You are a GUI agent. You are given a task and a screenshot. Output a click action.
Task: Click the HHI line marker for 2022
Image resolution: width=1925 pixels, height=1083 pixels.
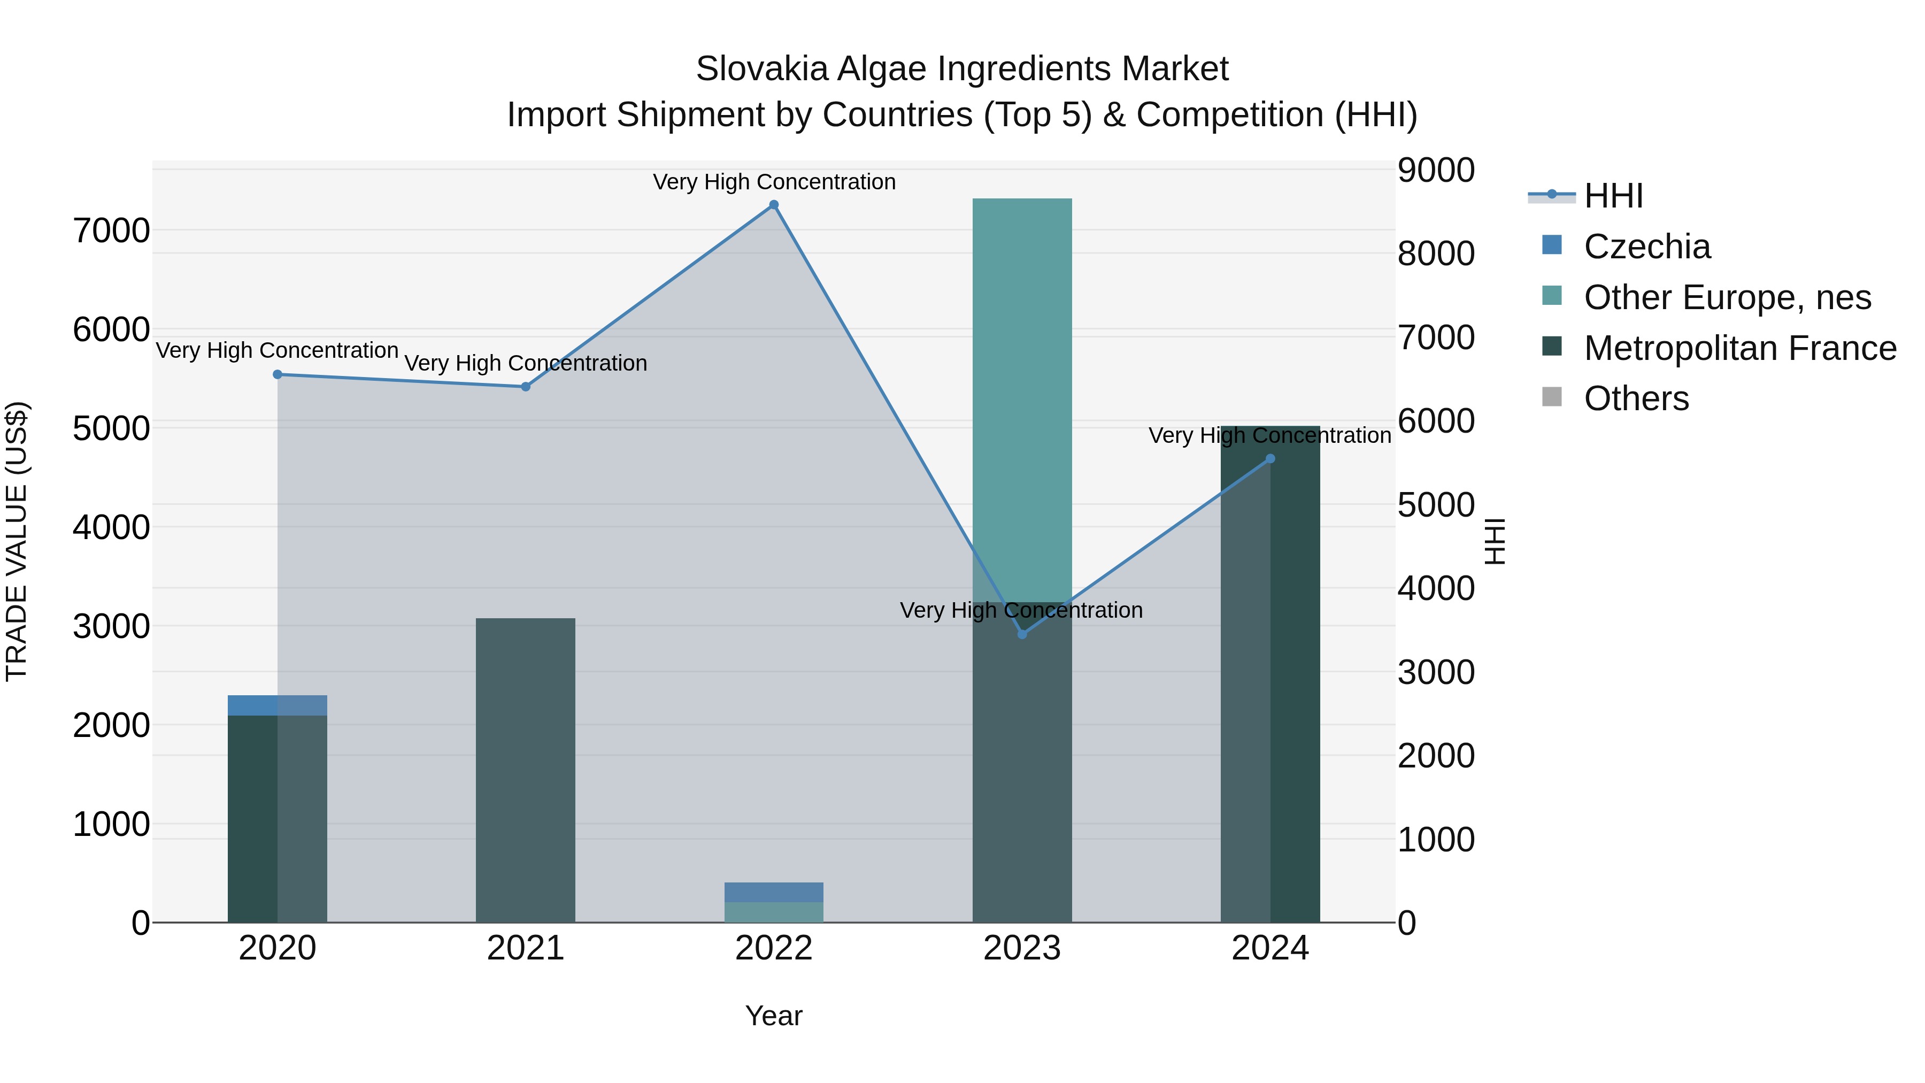click(x=773, y=205)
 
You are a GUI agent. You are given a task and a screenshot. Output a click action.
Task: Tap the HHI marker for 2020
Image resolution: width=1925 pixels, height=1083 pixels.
click(x=277, y=374)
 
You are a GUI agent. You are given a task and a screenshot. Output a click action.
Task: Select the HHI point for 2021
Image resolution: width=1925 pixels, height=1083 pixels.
click(x=525, y=387)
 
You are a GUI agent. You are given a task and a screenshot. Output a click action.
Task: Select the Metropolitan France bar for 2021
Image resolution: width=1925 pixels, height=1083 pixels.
click(x=525, y=770)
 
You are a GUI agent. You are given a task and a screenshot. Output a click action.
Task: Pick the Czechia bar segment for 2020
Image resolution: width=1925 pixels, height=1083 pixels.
click(x=277, y=705)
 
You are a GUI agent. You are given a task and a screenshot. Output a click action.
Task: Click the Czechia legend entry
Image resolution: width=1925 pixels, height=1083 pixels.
click(x=1646, y=247)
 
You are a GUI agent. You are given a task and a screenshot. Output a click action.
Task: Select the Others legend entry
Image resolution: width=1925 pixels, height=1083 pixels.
click(x=1636, y=398)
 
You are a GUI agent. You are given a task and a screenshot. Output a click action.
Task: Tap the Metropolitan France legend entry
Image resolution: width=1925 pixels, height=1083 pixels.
click(x=1739, y=348)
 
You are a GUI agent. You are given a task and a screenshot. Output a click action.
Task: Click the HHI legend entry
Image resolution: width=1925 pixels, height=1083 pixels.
click(x=1613, y=196)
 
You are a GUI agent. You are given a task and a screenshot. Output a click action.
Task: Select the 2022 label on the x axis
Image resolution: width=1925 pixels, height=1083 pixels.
click(x=773, y=948)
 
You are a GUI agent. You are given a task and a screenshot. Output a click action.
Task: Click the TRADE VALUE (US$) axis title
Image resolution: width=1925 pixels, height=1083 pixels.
click(x=17, y=541)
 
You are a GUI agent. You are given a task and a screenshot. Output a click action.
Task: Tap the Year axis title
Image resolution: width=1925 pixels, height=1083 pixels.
click(x=773, y=1016)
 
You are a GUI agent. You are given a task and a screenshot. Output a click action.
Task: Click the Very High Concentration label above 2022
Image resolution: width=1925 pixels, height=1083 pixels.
click(x=773, y=182)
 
